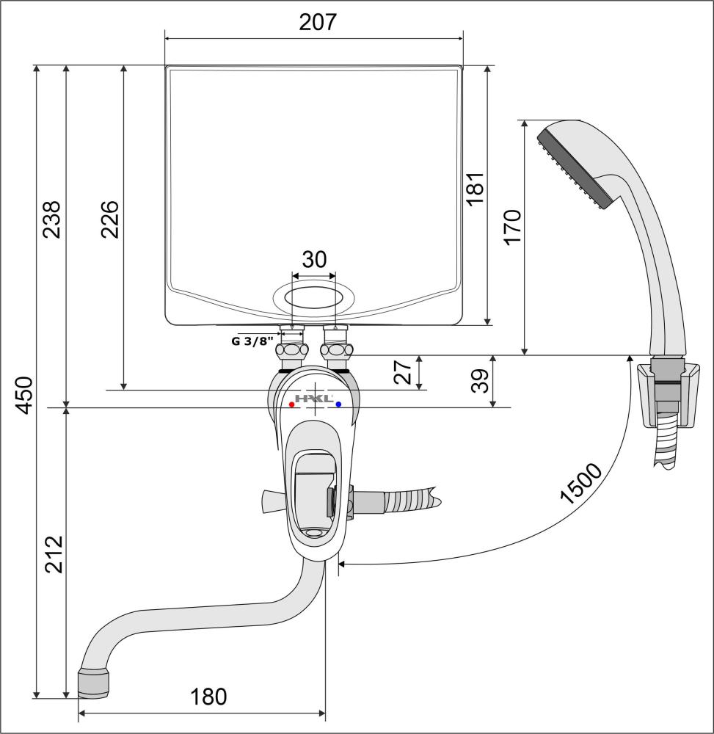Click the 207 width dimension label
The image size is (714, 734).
click(318, 22)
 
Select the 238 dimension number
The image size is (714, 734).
click(52, 219)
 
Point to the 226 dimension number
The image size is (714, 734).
click(109, 219)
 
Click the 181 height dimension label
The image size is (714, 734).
click(475, 188)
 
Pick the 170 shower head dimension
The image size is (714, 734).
click(512, 227)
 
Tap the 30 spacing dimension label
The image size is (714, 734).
click(314, 259)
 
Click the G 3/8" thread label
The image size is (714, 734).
click(252, 341)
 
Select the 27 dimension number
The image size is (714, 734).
click(403, 372)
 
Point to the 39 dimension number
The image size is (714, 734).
click(480, 380)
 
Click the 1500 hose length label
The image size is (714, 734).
click(580, 484)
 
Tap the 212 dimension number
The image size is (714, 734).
click(54, 554)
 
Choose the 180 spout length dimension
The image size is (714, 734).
click(208, 697)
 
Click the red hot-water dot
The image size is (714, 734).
click(292, 404)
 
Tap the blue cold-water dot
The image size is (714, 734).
click(339, 404)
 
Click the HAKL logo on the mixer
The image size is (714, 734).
click(314, 399)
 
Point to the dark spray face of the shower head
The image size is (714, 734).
click(575, 169)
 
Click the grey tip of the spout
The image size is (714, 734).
click(95, 683)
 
